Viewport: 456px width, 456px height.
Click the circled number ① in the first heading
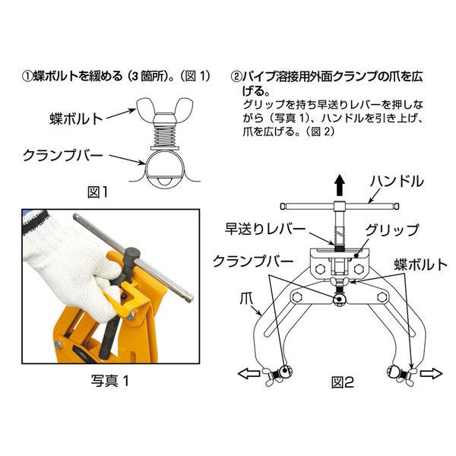tap(27, 77)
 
